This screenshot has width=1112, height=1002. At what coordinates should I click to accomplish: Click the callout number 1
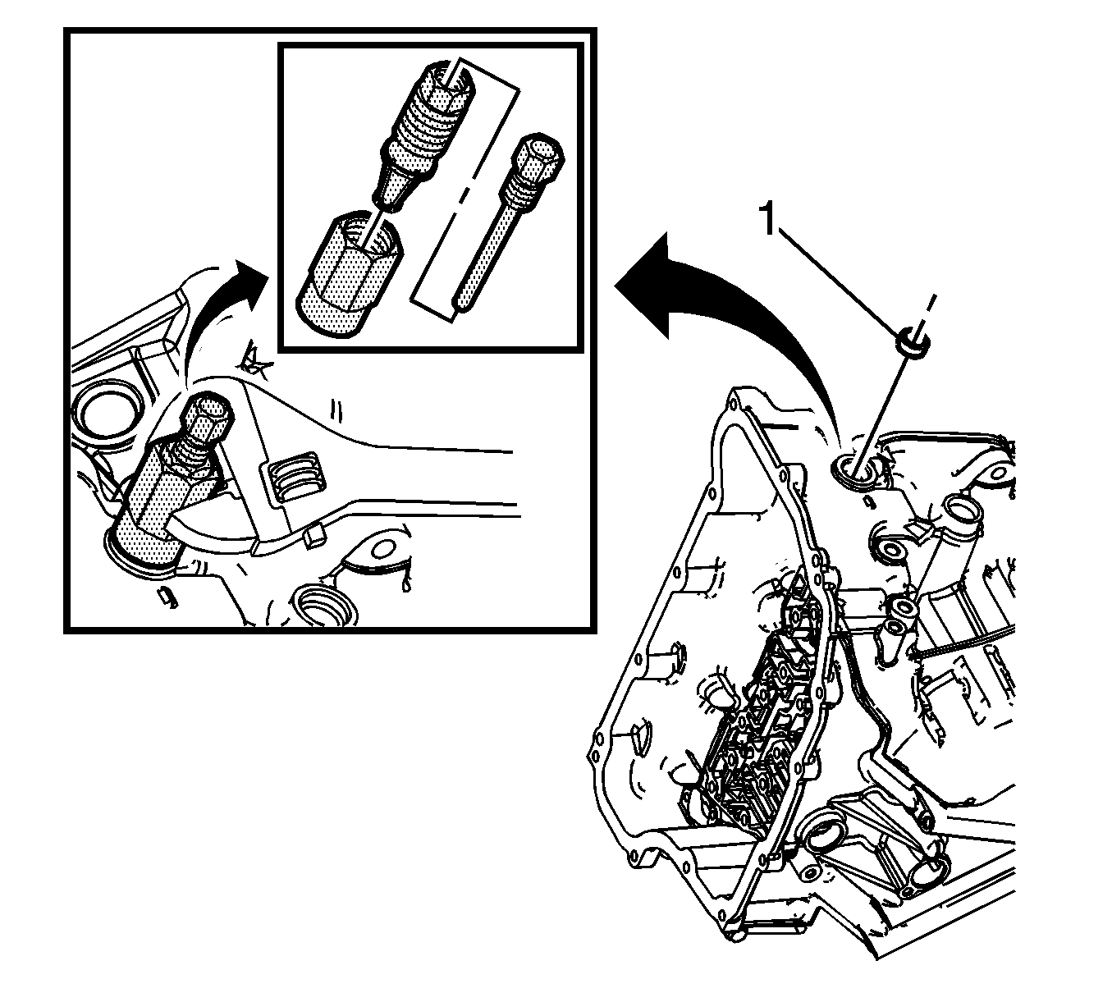pyautogui.click(x=769, y=219)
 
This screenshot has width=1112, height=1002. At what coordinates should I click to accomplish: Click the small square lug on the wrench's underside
pyautogui.click(x=313, y=536)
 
